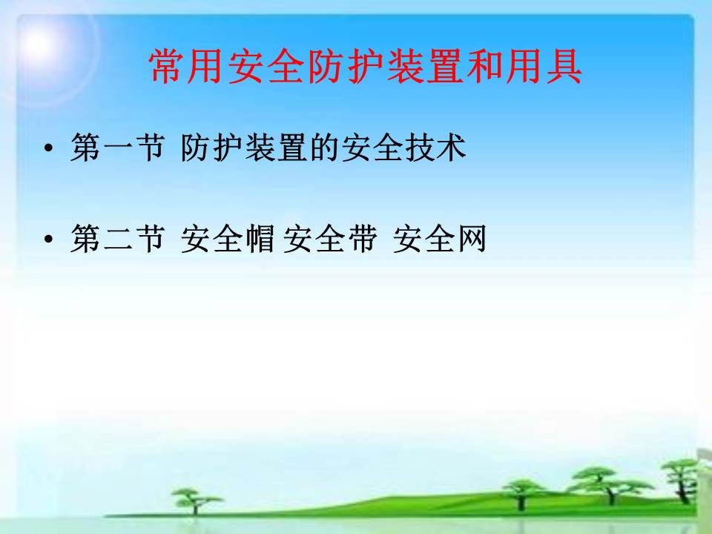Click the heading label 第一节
point(117,148)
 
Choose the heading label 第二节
point(117,238)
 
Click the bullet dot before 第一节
point(49,148)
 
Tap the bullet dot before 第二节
point(49,239)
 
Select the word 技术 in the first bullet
point(436,148)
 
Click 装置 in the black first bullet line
point(275,148)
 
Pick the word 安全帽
point(228,238)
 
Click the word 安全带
point(330,238)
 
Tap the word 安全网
point(440,238)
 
